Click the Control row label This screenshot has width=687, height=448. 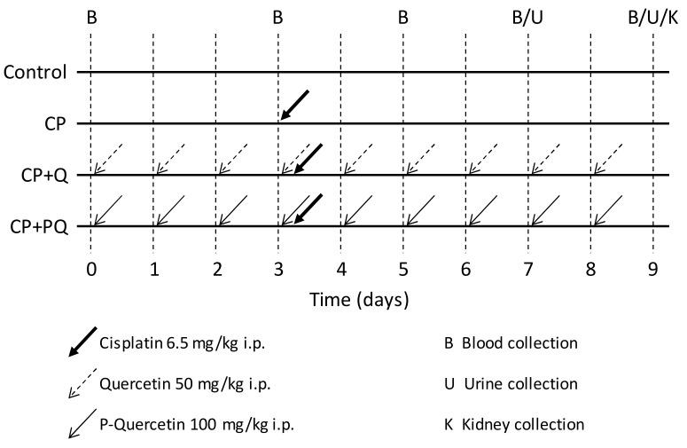pos(35,71)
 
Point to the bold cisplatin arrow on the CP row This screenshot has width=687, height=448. pos(294,105)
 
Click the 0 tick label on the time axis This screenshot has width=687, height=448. pos(90,269)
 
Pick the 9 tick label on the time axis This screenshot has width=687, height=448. pos(652,269)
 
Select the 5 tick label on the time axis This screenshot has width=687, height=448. pos(403,269)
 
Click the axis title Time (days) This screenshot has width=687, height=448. pos(359,300)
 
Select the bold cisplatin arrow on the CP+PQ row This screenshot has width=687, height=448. pos(307,208)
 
